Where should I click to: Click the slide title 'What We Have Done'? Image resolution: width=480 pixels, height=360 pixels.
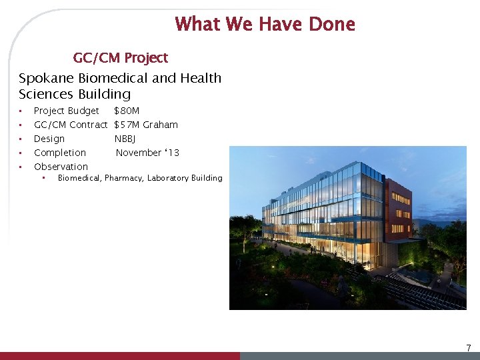pyautogui.click(x=265, y=25)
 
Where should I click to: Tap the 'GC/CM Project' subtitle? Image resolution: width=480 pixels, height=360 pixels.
pyautogui.click(x=120, y=58)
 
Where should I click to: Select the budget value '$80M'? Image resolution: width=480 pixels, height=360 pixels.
pyautogui.click(x=127, y=111)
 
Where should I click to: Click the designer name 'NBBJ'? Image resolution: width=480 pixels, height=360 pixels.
pyautogui.click(x=125, y=139)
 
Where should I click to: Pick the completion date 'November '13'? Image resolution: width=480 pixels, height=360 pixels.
pyautogui.click(x=147, y=153)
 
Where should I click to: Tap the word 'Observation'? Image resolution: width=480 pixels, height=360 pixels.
pyautogui.click(x=61, y=167)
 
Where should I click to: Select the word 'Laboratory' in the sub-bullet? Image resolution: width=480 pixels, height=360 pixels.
pyautogui.click(x=169, y=178)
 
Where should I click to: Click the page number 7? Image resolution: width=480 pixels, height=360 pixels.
pyautogui.click(x=468, y=347)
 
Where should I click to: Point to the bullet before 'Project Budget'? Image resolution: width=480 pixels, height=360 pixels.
pyautogui.click(x=21, y=111)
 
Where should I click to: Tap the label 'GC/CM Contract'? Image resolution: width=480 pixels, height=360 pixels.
pyautogui.click(x=70, y=125)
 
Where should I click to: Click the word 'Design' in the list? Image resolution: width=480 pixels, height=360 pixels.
pyautogui.click(x=49, y=139)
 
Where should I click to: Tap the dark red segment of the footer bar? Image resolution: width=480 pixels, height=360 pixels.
pyautogui.click(x=120, y=356)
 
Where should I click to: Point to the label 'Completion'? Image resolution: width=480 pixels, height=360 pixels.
pyautogui.click(x=60, y=153)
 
